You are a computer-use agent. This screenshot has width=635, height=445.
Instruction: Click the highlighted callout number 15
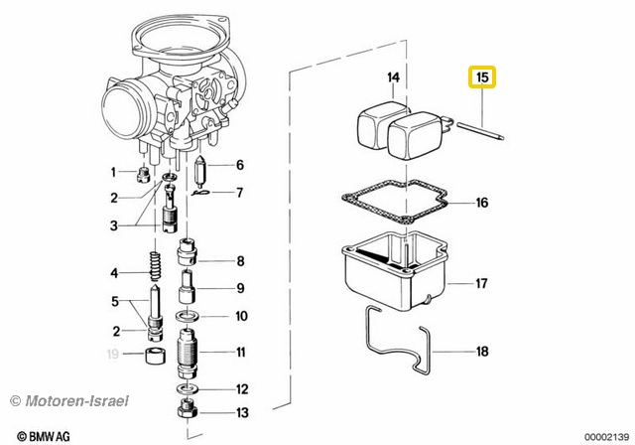point(482,76)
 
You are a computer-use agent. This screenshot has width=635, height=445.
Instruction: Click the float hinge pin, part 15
point(480,132)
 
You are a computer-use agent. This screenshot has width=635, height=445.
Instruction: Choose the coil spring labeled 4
point(156,266)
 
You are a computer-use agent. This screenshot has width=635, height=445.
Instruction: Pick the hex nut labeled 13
point(188,412)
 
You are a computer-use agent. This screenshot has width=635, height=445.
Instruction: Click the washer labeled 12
point(187,388)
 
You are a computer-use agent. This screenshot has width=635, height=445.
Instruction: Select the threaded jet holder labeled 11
point(188,352)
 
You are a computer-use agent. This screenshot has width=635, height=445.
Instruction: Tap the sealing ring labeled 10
point(187,316)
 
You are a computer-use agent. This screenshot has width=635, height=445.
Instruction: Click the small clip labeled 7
point(199,193)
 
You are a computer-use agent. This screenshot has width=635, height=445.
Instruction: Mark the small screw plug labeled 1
point(143,175)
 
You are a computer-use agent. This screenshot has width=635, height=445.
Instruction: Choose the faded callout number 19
point(112,354)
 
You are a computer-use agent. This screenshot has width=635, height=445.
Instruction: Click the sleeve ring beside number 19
point(156,357)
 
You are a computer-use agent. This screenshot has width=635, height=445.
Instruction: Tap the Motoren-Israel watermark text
point(69,401)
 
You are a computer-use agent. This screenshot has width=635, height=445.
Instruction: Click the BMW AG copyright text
point(44,436)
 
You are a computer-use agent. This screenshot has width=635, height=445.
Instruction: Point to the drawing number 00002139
point(606,437)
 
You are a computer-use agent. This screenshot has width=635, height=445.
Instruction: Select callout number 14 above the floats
point(393,77)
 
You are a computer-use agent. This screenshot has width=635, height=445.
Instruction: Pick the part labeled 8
point(187,251)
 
